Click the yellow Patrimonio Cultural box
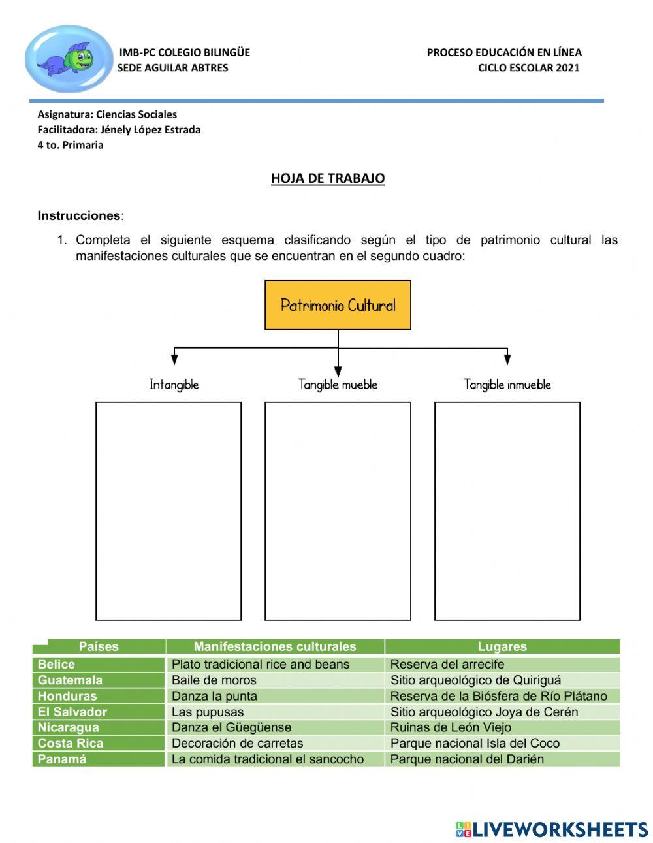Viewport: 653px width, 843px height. [338, 305]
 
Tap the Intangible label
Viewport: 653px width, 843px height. [174, 385]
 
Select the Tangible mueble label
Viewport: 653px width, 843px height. [338, 385]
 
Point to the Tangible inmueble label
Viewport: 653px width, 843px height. [507, 385]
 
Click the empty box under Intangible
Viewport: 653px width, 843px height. [168, 511]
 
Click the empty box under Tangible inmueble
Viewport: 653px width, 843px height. [507, 511]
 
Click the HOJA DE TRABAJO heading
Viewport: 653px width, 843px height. [328, 178]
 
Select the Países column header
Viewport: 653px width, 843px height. [99, 646]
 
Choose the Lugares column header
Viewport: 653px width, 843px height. [502, 646]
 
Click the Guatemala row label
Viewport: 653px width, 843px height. [70, 680]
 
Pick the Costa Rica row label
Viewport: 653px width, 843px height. [70, 743]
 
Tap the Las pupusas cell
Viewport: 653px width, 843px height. [208, 712]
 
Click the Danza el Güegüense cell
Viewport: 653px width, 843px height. [231, 727]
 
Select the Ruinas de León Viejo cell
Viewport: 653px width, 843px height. [451, 727]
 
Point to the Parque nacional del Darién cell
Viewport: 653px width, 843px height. [467, 759]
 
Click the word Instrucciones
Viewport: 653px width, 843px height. [79, 215]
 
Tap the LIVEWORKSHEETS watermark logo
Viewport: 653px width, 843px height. [552, 829]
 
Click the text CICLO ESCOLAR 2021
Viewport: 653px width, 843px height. [528, 67]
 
